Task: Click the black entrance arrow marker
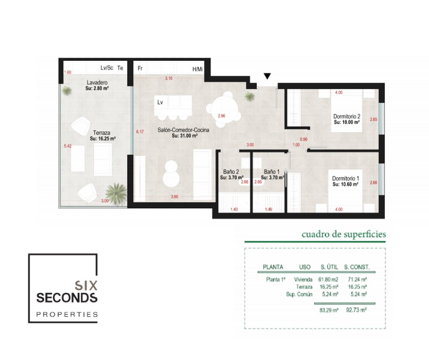[267, 76]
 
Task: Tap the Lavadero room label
[97, 83]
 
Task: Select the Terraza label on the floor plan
[101, 133]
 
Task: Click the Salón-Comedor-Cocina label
[183, 130]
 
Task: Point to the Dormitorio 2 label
[347, 116]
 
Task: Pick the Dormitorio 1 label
[345, 178]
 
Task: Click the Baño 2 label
[231, 172]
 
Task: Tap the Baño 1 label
[272, 172]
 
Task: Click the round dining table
[223, 110]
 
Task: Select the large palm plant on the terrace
[116, 193]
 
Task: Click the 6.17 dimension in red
[140, 132]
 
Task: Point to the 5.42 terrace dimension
[68, 146]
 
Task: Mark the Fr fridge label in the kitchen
[140, 68]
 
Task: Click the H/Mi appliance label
[198, 69]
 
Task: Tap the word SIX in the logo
[86, 286]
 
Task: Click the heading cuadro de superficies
[344, 234]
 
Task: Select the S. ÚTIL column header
[329, 267]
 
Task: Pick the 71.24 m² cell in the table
[357, 280]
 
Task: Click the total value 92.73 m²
[356, 310]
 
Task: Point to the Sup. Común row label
[299, 294]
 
